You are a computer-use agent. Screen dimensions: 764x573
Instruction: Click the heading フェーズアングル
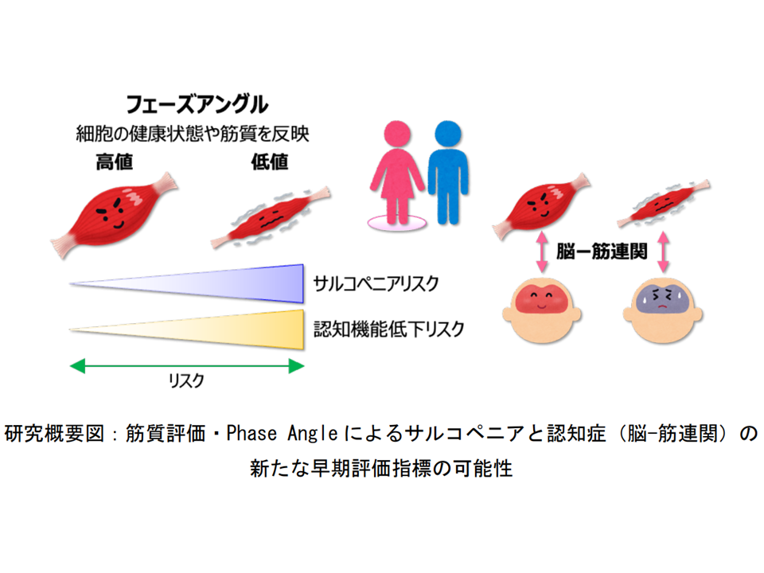197,104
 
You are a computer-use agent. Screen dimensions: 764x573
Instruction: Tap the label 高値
115,162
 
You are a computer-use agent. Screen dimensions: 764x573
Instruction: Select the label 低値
270,162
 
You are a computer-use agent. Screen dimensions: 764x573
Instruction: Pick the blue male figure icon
448,172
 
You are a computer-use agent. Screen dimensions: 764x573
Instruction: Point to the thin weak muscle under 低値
271,216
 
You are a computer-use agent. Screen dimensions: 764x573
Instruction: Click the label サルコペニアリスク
376,283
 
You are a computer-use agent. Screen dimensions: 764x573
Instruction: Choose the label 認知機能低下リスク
388,329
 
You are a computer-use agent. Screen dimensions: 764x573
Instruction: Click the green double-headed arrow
187,366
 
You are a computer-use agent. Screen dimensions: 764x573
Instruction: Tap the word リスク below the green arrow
186,380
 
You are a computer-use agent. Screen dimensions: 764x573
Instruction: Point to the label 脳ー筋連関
602,251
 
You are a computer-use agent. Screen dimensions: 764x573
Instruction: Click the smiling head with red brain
542,310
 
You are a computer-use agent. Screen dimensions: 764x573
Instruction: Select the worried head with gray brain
663,310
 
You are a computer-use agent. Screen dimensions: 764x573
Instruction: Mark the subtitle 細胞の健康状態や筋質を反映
193,134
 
